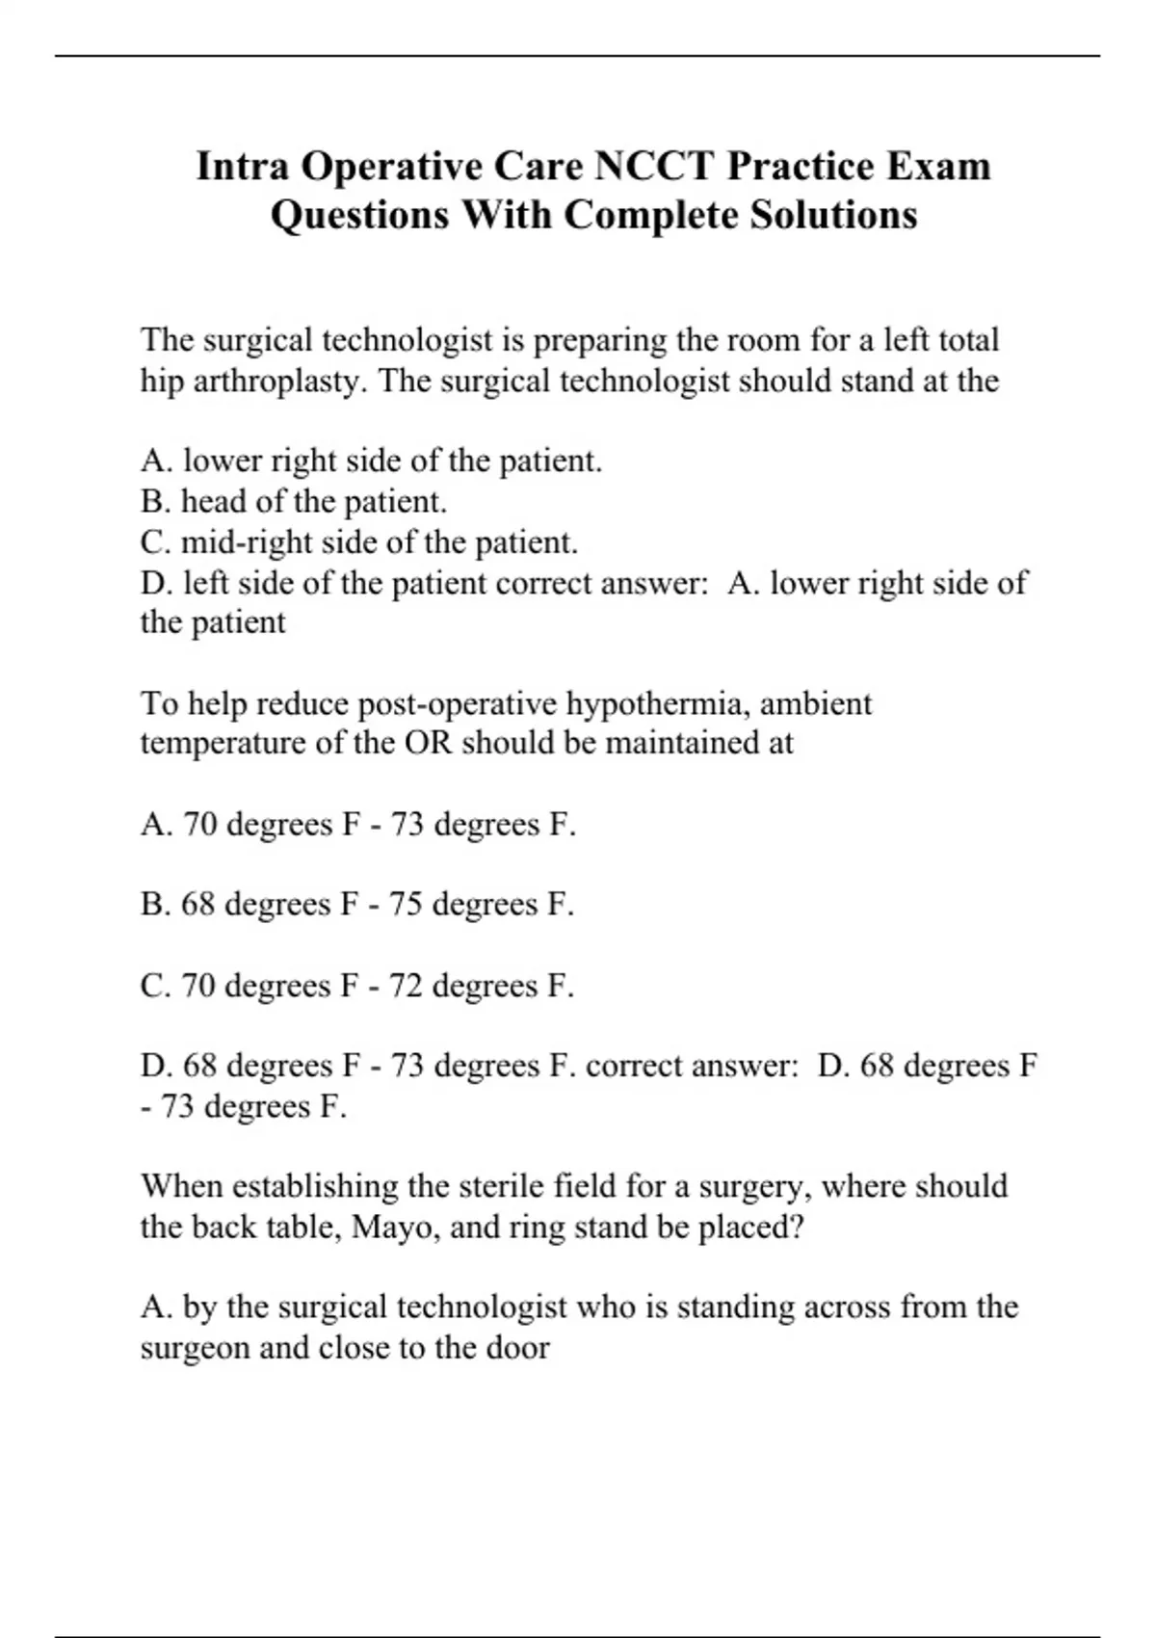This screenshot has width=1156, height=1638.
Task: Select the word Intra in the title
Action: coord(243,167)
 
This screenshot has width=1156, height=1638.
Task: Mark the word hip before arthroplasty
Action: coord(162,382)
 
